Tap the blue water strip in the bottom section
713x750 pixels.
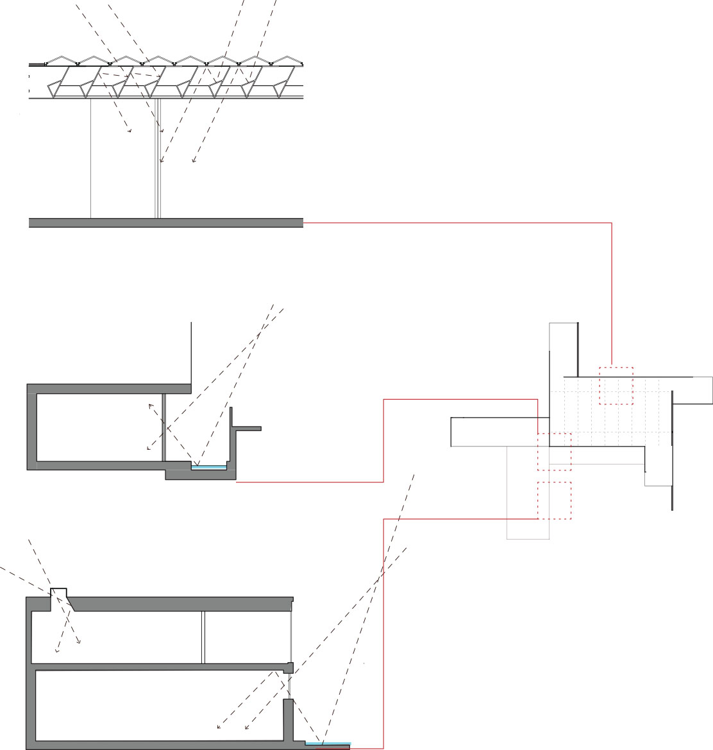(328, 744)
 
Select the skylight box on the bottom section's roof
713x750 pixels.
(60, 592)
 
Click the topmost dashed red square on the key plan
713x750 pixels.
(616, 386)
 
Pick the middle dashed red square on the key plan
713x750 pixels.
(554, 452)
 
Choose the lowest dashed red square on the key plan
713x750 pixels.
(554, 500)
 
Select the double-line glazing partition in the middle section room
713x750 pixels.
(164, 427)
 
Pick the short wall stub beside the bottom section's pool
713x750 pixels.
(289, 719)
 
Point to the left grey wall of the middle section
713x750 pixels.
(31, 427)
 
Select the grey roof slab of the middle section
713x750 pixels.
(109, 388)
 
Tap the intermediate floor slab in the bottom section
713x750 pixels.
(160, 667)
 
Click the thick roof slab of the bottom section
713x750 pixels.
(180, 603)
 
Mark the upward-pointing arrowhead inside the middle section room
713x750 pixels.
(151, 405)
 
